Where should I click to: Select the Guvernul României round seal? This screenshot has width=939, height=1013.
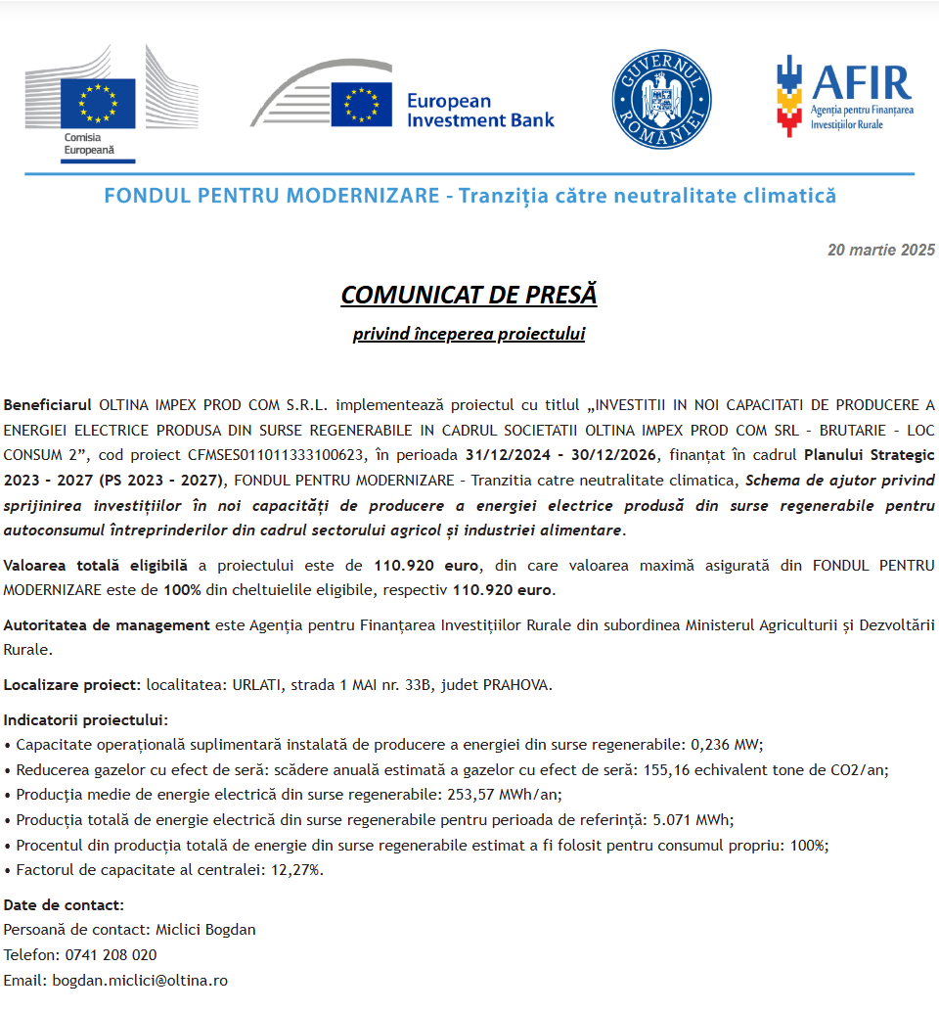tap(661, 99)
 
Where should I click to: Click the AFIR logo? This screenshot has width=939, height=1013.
tap(844, 95)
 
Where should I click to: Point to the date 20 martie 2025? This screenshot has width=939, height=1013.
tap(881, 250)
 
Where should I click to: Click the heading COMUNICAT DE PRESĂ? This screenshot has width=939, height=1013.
tap(469, 295)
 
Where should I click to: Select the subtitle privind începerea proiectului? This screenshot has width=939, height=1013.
tap(469, 334)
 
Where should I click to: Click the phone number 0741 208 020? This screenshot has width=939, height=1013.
tap(111, 954)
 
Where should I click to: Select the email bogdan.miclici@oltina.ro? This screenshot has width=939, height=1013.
tap(140, 980)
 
